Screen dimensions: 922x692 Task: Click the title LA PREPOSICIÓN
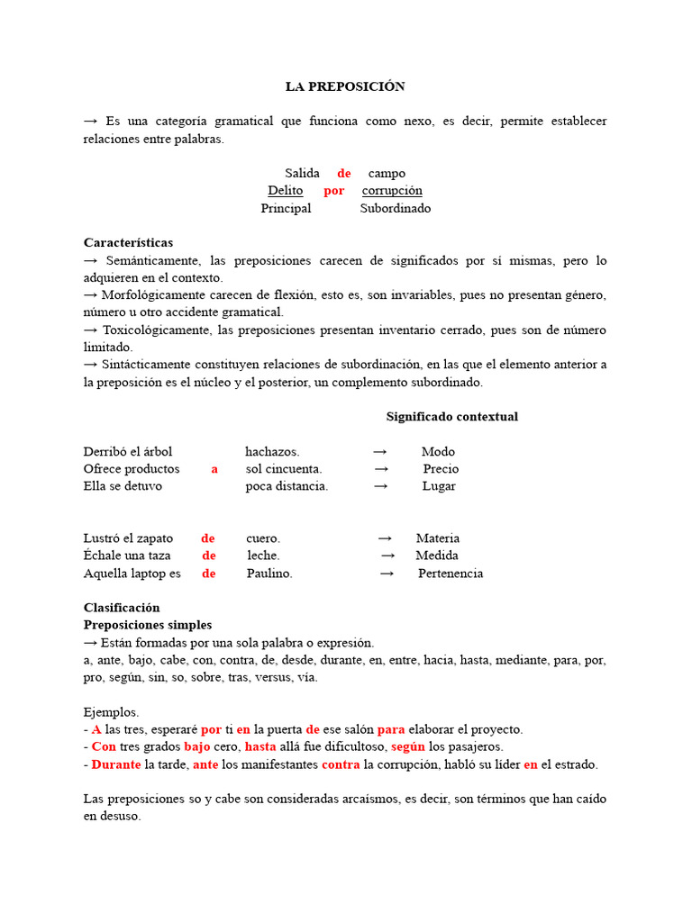click(345, 86)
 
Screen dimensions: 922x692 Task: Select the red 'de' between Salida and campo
click(344, 173)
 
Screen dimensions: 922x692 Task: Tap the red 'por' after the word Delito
click(334, 190)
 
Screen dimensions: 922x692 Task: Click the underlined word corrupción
click(392, 190)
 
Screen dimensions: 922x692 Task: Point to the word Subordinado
click(396, 208)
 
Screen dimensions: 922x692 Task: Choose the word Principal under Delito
click(286, 208)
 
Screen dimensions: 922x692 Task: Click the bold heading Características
click(128, 242)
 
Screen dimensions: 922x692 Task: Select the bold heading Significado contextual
click(451, 417)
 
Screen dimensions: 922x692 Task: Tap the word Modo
click(438, 451)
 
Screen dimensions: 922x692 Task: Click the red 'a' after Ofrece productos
click(214, 468)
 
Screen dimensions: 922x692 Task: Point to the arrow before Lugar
click(381, 485)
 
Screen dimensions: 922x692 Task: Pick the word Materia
click(438, 538)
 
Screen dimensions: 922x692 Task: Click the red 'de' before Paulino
click(209, 573)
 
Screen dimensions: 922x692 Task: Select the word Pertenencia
click(451, 573)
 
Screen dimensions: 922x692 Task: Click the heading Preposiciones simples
click(148, 624)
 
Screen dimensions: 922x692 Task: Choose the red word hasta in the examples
click(260, 746)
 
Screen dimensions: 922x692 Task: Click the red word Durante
click(116, 764)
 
